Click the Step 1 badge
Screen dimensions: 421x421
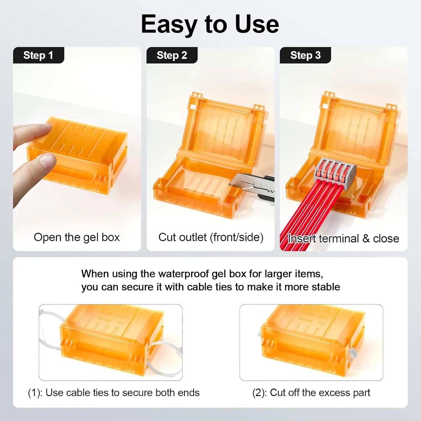(x=38, y=55)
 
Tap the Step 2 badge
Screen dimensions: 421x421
(x=172, y=55)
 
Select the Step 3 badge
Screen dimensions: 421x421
(x=305, y=55)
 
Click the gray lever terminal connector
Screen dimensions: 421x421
(x=336, y=171)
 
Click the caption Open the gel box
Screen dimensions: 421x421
(x=77, y=237)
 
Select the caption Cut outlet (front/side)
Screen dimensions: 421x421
(x=211, y=237)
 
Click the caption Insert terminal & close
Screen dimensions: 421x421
(x=343, y=239)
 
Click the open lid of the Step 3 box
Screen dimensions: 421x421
(x=355, y=129)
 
